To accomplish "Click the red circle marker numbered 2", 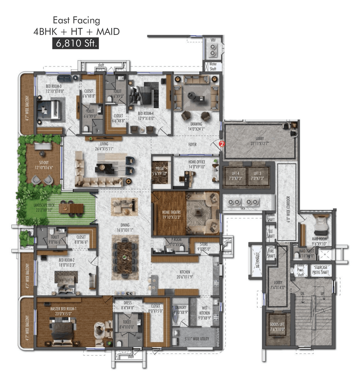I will tap(222, 144).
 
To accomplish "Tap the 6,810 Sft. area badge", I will tap(76, 43).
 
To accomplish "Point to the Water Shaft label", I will tap(213, 66).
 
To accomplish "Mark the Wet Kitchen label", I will tap(204, 313).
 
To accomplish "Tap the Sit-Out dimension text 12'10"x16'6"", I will tap(44, 168).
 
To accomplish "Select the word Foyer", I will tap(192, 144).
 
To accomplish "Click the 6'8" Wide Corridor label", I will tap(288, 209).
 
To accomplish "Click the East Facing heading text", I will tap(76, 20).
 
